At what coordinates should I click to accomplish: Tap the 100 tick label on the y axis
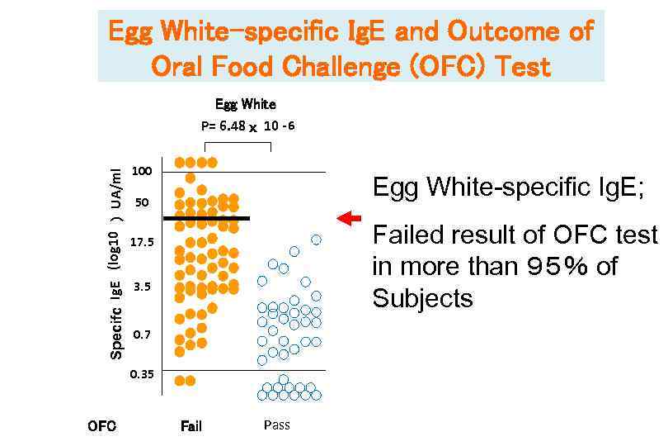(142, 171)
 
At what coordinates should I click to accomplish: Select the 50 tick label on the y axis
(142, 202)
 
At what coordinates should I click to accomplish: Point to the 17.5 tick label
(142, 242)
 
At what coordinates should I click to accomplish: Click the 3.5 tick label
(142, 287)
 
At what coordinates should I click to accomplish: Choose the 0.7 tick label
(142, 334)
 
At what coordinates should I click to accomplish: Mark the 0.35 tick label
(142, 374)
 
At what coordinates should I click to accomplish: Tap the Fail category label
(191, 426)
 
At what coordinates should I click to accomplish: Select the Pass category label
(277, 425)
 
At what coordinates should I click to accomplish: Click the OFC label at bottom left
(101, 426)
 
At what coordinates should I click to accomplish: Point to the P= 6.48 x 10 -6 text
(248, 126)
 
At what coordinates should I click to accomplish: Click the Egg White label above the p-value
(246, 104)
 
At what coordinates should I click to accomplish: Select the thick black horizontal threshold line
(206, 218)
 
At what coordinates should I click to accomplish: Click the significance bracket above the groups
(238, 144)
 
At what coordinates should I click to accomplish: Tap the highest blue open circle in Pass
(316, 240)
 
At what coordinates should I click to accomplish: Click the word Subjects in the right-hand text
(423, 297)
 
